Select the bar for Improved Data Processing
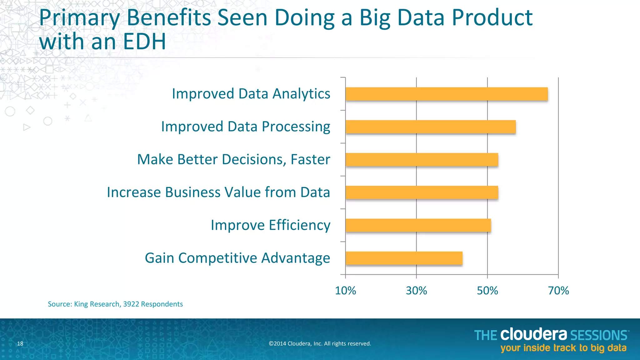[x=430, y=127]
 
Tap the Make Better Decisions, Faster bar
[x=422, y=160]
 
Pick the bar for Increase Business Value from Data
[x=422, y=192]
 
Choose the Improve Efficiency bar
[x=418, y=225]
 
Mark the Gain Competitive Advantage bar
[x=404, y=258]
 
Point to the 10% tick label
[x=345, y=291]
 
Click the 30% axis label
[x=416, y=291]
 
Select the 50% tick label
[x=487, y=291]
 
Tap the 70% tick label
[x=558, y=291]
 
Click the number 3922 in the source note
[x=131, y=304]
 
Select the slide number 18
[x=20, y=344]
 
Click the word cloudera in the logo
[x=533, y=334]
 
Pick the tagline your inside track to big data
[x=563, y=348]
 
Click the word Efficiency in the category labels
[x=299, y=225]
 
